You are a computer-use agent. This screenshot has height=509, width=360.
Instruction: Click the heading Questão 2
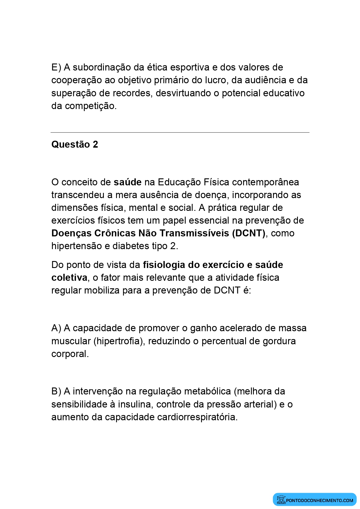[x=75, y=144]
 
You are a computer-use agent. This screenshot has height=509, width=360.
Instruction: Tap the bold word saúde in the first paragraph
[x=127, y=182]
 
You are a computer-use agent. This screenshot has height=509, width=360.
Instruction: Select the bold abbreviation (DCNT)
[x=249, y=233]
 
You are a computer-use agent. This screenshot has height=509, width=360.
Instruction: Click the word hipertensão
[x=77, y=246]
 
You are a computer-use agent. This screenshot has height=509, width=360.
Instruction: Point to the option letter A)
[x=56, y=328]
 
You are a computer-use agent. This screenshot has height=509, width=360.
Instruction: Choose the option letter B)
[x=56, y=391]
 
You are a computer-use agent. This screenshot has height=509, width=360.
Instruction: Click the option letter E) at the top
[x=56, y=67]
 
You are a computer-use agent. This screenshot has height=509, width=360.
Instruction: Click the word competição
[x=91, y=106]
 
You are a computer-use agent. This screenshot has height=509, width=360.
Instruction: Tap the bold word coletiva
[x=69, y=278]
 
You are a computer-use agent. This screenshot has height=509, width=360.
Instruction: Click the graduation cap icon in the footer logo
[x=281, y=499]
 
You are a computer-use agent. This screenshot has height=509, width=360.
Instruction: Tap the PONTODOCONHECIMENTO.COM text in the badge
[x=319, y=500]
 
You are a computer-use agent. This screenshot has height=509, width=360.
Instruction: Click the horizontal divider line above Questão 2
[x=180, y=133]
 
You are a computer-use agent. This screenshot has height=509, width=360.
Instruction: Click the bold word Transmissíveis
[x=194, y=233]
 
